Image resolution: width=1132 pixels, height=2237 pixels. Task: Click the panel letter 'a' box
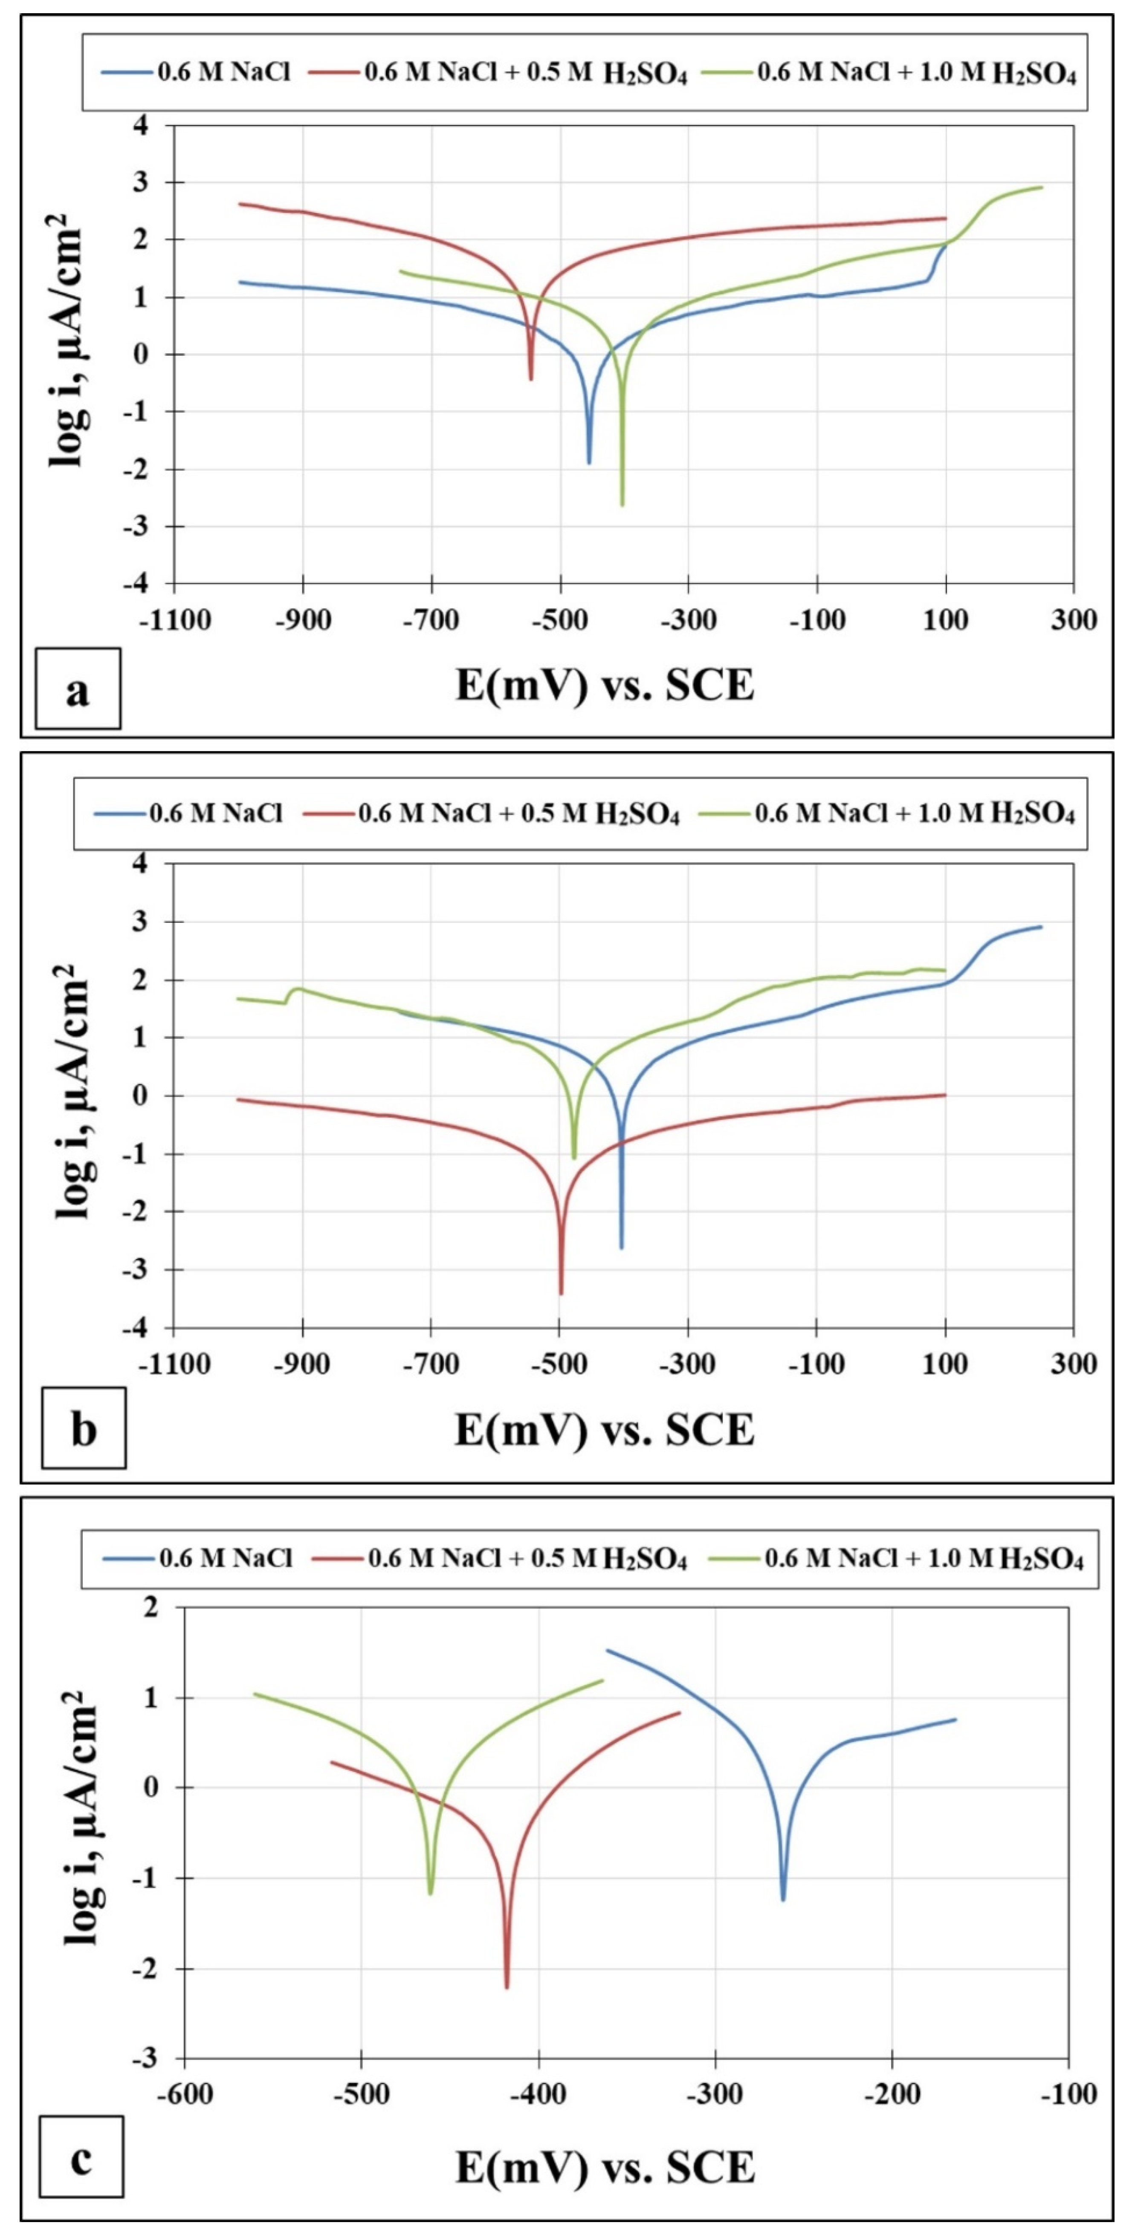(x=78, y=689)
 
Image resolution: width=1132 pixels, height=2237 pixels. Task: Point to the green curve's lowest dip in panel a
(x=622, y=504)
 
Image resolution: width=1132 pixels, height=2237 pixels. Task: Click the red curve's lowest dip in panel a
(x=531, y=379)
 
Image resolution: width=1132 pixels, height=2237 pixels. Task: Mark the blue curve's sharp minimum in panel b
(x=621, y=1247)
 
